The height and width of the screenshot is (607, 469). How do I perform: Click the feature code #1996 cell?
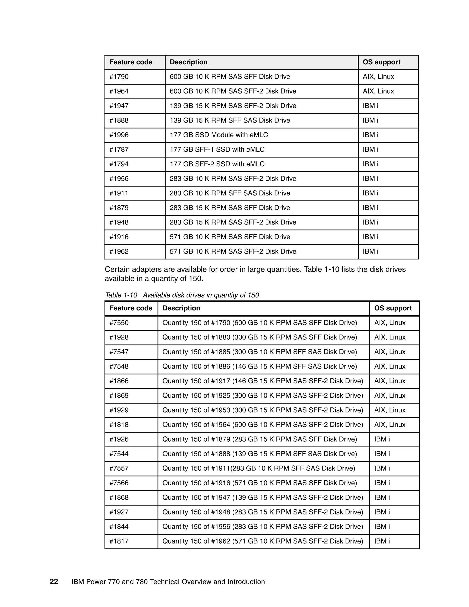(119, 135)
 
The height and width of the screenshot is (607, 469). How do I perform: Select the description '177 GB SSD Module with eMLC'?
(219, 135)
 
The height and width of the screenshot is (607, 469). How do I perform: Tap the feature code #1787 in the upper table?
(119, 150)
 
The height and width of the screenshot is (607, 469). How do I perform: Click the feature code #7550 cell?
(119, 323)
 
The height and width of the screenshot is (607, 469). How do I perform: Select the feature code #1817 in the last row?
(119, 541)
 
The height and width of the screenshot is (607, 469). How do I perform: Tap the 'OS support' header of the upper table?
(381, 62)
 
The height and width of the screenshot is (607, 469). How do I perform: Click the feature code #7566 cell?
(119, 483)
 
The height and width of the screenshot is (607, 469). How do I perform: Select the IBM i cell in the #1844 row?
(382, 526)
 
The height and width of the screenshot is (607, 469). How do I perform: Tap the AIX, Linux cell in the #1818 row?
(390, 424)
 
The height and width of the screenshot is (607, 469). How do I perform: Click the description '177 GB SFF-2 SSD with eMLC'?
(217, 164)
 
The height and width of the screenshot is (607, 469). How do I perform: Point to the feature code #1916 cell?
(119, 237)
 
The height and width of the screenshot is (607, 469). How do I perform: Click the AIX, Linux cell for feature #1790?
(378, 77)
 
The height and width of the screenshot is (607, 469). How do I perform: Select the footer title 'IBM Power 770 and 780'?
(168, 582)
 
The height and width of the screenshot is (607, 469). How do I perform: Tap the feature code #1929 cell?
(119, 410)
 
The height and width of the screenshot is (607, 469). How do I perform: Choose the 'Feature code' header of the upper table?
(131, 62)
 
